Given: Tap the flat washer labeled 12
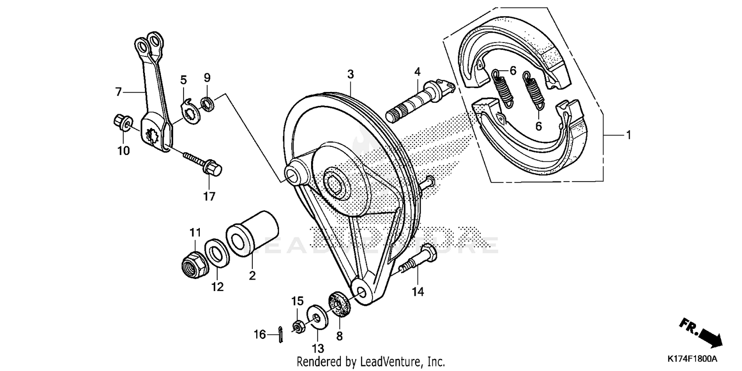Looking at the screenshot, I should tap(217, 253).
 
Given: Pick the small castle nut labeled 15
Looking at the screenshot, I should tap(298, 326).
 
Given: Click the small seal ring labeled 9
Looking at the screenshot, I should tap(207, 104).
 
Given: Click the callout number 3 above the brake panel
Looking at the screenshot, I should tap(350, 74).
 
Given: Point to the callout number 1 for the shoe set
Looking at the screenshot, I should tap(628, 135).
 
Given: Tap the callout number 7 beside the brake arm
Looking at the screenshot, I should tap(118, 92).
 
